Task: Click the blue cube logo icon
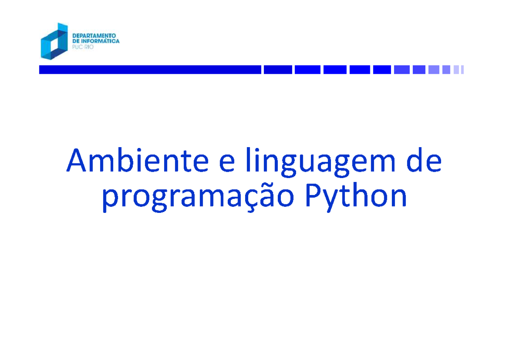tap(54, 41)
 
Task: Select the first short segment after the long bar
tap(278, 70)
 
